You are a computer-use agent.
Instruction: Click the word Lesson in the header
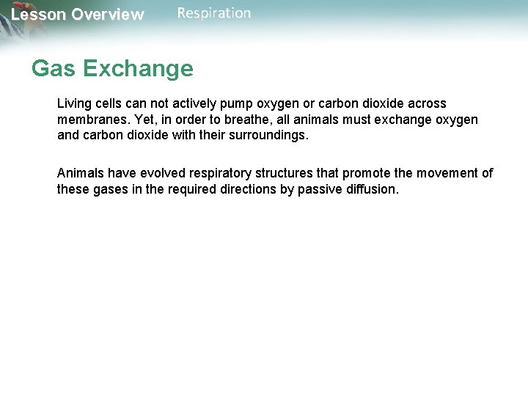pos(37,15)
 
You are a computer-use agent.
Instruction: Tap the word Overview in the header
pos(108,15)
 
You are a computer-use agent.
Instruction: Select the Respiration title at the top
pos(214,13)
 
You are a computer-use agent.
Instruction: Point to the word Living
pos(73,104)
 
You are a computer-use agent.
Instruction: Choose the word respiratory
pos(223,174)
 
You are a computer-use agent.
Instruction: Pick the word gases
pos(109,189)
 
